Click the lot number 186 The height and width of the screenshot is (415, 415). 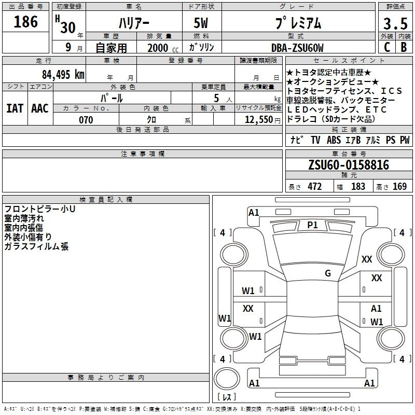pos(26,22)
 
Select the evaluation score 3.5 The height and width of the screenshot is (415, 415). pos(395,24)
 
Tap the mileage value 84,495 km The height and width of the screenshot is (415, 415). pos(63,75)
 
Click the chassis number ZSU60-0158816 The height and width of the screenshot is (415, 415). pos(349,165)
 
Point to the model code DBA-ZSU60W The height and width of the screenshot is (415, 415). pos(297,48)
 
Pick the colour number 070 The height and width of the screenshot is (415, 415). pos(86,120)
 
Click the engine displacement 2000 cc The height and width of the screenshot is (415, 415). pos(161,48)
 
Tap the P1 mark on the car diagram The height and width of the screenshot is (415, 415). pos(312,225)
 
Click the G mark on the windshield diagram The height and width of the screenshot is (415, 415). pos(327,273)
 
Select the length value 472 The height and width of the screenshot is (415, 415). pos(314,187)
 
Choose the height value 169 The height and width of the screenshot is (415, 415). pos(399,187)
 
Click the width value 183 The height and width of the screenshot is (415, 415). pos(358,187)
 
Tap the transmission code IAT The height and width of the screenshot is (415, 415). pos(15,108)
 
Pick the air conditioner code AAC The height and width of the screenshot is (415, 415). pos(39,108)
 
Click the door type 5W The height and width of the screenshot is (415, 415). pos(202,24)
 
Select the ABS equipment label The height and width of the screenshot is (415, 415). pos(334,140)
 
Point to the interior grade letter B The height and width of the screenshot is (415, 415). pos(404,47)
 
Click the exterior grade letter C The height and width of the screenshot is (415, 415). pos(386,47)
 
